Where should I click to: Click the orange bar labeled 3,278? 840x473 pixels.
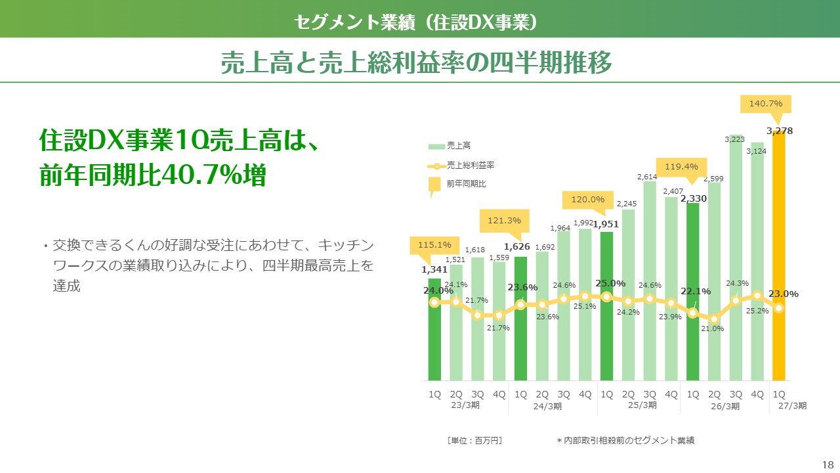pos(778,256)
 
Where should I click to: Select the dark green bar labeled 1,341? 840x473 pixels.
pos(434,330)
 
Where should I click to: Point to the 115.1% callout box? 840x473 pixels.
pos(434,245)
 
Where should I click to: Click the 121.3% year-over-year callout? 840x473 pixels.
pos(505,221)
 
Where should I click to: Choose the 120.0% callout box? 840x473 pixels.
pos(587,200)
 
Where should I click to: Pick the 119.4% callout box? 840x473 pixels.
pos(681,167)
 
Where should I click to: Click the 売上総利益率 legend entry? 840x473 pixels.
pos(461,166)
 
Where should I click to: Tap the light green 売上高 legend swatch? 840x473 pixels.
pos(436,146)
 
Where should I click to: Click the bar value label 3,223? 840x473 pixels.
pos(734,140)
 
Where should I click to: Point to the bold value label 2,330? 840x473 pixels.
pos(694,198)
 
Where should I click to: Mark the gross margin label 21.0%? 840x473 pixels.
pos(712,329)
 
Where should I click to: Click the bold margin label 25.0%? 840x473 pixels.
pos(610,283)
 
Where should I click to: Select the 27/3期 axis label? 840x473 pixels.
pos(792,406)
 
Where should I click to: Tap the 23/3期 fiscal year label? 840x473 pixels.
pos(465,405)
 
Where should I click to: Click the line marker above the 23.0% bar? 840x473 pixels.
pos(779,308)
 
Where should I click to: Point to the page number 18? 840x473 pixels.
pos(828,464)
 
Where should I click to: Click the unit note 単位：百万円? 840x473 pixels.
pos(474,441)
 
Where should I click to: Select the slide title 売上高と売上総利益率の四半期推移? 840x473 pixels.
pos(416,62)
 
